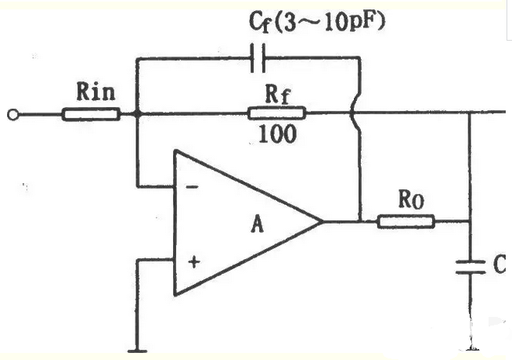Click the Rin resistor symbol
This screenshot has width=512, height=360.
(91, 114)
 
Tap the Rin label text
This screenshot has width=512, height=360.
(96, 92)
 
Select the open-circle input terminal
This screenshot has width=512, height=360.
(13, 115)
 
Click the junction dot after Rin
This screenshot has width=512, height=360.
(138, 114)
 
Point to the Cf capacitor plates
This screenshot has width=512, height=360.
(258, 58)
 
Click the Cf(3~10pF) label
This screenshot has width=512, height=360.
(316, 22)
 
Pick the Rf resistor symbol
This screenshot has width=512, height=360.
(277, 113)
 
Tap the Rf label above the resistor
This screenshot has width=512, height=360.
(277, 95)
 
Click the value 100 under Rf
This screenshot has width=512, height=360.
(278, 134)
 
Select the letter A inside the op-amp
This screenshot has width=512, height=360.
(257, 225)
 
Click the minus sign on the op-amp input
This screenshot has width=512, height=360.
(192, 187)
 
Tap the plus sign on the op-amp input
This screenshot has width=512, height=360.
(194, 262)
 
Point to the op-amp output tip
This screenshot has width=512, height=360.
(322, 221)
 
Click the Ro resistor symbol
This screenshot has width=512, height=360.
(406, 221)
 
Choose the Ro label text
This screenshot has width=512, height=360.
(411, 200)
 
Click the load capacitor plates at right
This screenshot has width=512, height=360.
(471, 267)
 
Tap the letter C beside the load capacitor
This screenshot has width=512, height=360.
(499, 265)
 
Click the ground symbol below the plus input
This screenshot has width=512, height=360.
(138, 351)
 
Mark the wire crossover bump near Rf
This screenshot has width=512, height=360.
(353, 113)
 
